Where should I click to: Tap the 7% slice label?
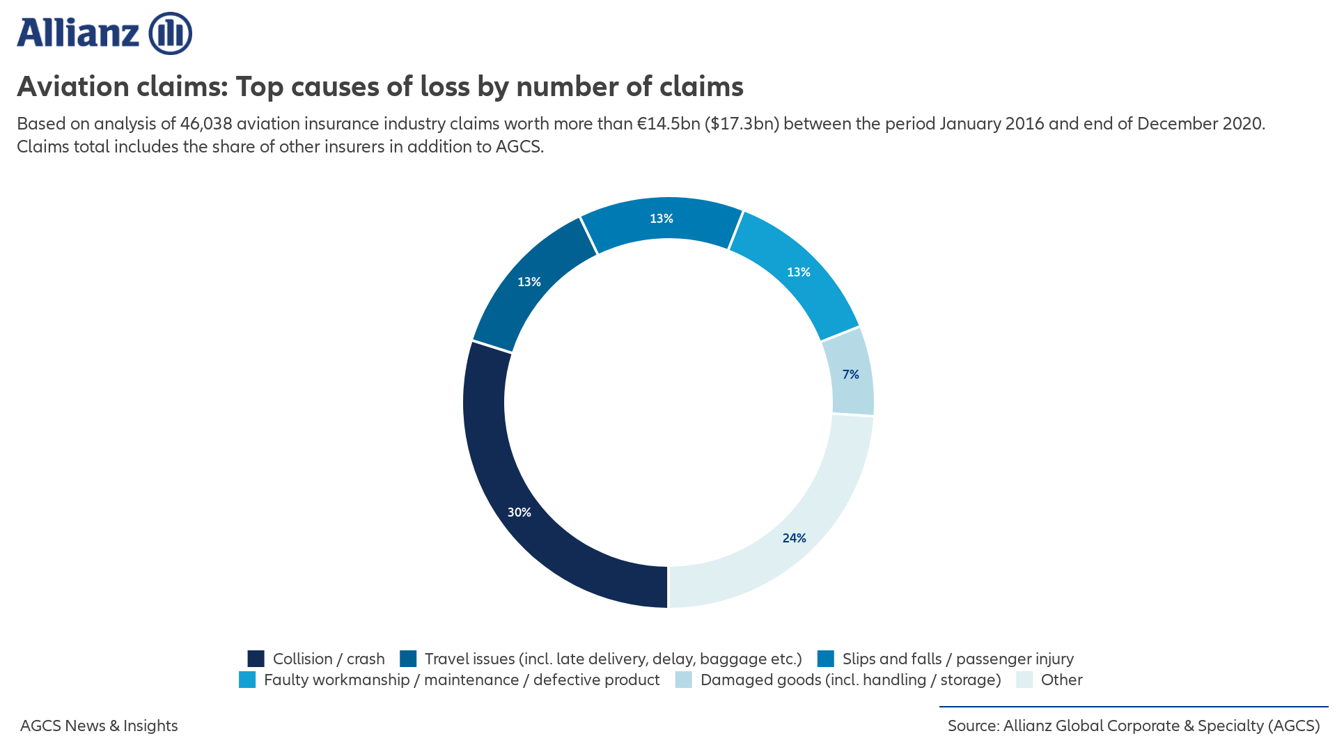tap(850, 375)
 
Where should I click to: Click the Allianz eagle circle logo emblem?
tap(171, 33)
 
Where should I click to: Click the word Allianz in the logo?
tap(79, 33)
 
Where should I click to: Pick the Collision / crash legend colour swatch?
tap(256, 659)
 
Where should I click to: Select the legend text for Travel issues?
tap(613, 659)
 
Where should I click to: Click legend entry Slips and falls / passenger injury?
tap(957, 659)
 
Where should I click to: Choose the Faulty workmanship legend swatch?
tap(247, 680)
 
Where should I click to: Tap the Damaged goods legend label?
tap(850, 680)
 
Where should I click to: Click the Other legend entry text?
tap(1061, 680)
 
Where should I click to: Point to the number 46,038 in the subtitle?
tap(206, 124)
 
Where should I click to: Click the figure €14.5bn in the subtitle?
tap(668, 124)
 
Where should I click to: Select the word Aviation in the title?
tap(72, 87)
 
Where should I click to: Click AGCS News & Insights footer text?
tap(99, 726)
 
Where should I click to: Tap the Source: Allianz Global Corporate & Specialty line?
tap(1133, 726)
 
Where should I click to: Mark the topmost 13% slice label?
tap(661, 219)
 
